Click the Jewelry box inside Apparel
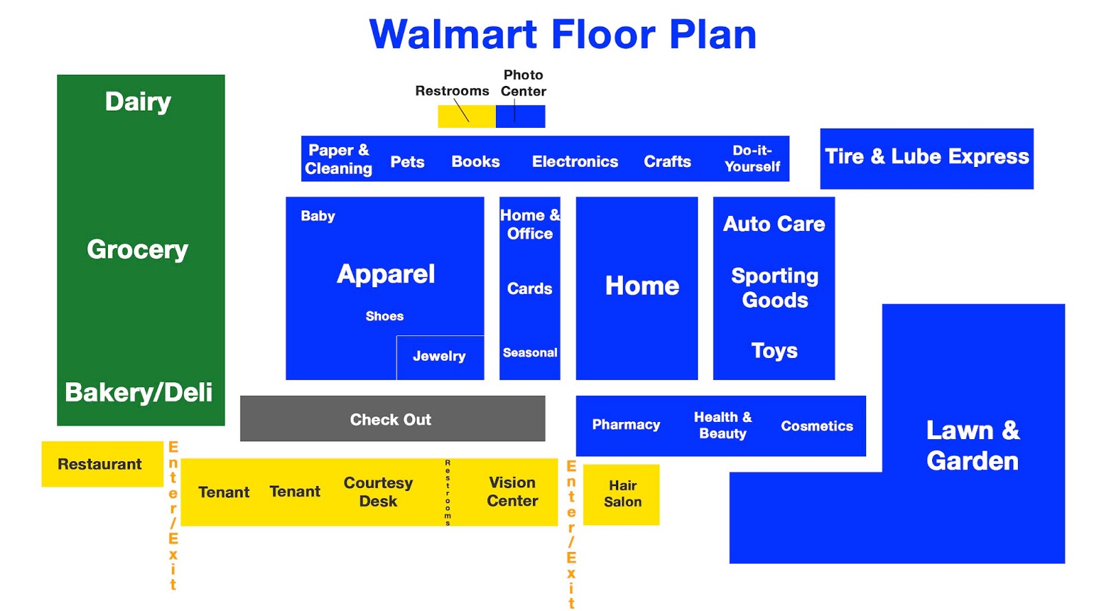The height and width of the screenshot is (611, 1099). point(440,357)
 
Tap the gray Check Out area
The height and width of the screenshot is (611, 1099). point(392,419)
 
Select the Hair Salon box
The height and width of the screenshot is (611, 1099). point(622,494)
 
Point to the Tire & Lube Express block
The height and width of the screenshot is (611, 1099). point(926,158)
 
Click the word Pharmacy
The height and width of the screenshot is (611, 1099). point(626,425)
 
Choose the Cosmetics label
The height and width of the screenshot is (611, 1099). point(817,426)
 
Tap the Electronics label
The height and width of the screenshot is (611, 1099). point(575,162)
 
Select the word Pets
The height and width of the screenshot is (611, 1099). point(407,162)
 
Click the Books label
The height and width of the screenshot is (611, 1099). point(475,162)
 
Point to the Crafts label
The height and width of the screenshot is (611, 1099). point(667,162)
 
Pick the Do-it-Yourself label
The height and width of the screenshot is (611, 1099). point(752,159)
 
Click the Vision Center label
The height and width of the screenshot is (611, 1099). point(512,491)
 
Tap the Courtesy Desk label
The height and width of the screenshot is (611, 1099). point(378,491)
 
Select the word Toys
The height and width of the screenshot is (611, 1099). point(774,351)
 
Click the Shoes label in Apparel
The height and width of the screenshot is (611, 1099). point(384,316)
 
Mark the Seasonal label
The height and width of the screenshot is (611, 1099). point(530,353)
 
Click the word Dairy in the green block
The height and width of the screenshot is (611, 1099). point(138,102)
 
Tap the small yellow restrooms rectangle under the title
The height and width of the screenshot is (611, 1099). point(466,116)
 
